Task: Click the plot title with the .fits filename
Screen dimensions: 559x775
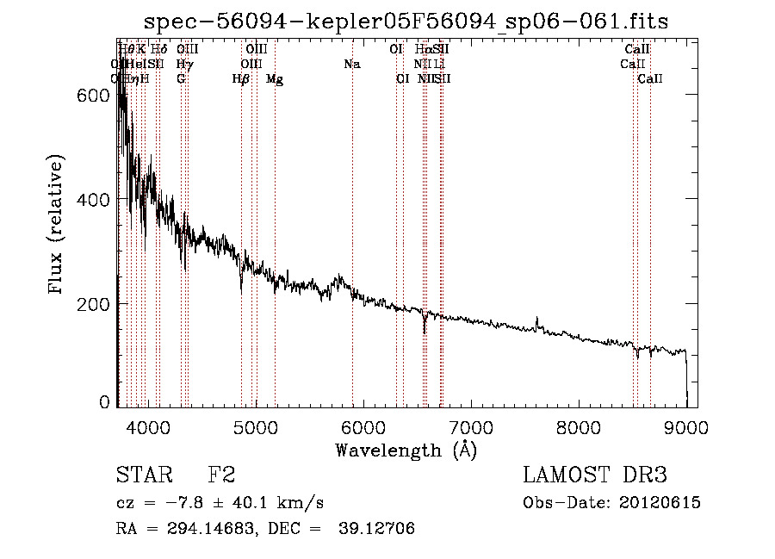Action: click(x=405, y=21)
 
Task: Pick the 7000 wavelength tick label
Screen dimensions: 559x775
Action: click(x=470, y=426)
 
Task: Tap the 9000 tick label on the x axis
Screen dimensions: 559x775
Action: click(x=686, y=426)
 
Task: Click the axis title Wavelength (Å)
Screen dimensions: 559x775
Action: click(x=405, y=450)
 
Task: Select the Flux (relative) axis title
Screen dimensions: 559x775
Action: click(x=57, y=227)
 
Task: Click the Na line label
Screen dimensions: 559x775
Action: click(x=351, y=65)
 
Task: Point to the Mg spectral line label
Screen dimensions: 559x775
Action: click(x=275, y=79)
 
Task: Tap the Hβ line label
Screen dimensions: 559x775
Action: click(x=241, y=79)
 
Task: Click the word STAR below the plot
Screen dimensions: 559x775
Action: click(x=144, y=475)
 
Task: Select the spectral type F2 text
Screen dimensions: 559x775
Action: click(x=221, y=475)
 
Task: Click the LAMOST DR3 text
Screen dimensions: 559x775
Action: click(x=595, y=475)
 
